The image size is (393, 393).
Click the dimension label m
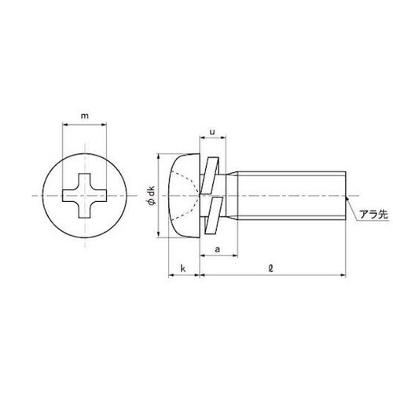coord(84,117)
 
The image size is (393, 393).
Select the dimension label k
coord(182,270)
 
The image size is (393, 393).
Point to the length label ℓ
coord(270,270)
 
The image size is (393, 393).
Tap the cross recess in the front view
coord(84,194)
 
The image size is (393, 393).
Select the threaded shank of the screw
coord(291,193)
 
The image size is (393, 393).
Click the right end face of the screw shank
coord(344,193)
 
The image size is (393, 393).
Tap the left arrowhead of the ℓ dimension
coord(201,275)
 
